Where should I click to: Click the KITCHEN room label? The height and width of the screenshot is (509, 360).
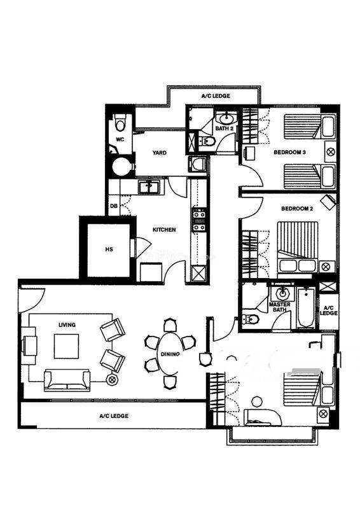click(164, 230)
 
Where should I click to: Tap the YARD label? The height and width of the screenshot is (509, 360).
click(160, 153)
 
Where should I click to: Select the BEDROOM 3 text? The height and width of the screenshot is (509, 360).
click(289, 152)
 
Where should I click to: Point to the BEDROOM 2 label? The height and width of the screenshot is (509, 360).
click(296, 209)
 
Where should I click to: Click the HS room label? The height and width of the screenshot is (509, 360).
click(109, 249)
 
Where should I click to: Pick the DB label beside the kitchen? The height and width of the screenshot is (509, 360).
click(114, 206)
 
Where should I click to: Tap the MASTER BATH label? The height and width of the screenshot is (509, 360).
click(279, 307)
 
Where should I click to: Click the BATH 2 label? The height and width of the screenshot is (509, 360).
click(225, 129)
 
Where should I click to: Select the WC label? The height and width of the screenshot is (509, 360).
click(120, 139)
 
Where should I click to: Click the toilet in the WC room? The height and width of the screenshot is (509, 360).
click(120, 122)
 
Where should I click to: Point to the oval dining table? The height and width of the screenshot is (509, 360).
click(170, 353)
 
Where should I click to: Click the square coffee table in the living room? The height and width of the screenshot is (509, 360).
click(66, 346)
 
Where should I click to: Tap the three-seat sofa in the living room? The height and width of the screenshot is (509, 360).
click(67, 380)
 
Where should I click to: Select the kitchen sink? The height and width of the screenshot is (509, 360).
click(148, 187)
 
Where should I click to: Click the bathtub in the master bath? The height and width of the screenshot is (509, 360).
click(306, 308)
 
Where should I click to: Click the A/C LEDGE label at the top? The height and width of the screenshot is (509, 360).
click(216, 96)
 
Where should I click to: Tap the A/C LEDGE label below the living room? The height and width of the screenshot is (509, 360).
click(114, 416)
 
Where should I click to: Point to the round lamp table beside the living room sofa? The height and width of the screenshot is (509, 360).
click(112, 379)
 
